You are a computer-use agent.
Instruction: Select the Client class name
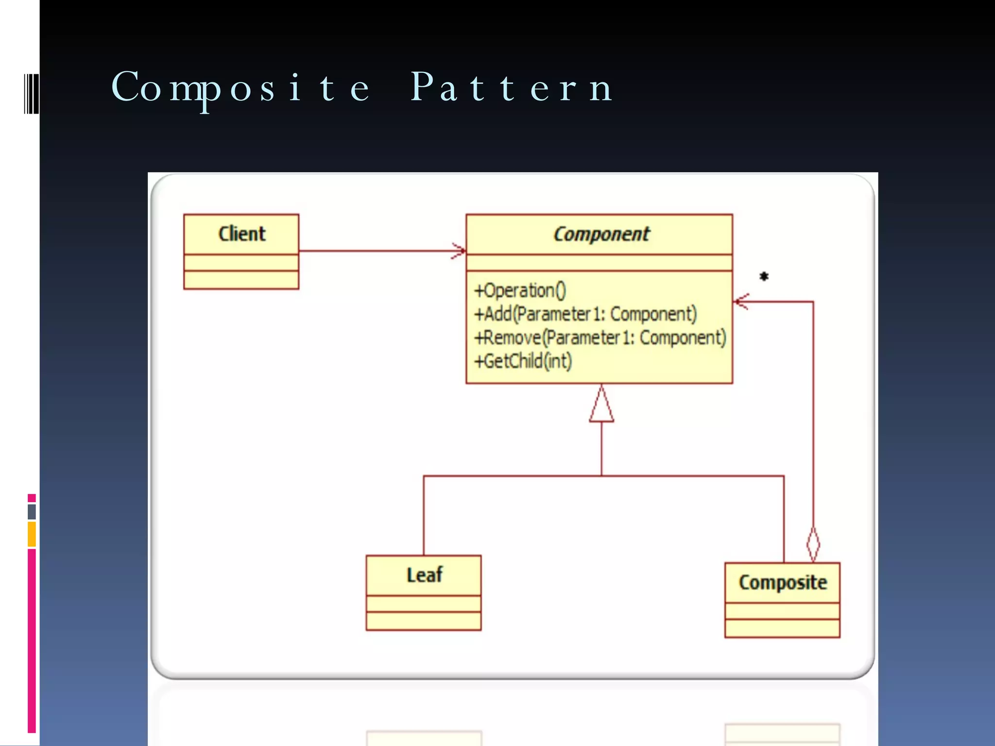coord(241,234)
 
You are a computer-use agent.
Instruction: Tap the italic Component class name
coord(601,234)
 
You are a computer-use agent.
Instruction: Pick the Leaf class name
coord(424,575)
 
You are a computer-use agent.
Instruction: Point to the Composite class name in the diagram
coord(782,582)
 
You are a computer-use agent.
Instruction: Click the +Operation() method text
coord(520,290)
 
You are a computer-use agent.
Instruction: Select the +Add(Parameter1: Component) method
coord(585,314)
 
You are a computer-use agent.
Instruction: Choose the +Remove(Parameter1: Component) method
coord(600,338)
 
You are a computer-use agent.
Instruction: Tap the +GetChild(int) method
coord(523,361)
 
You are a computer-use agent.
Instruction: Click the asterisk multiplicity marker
coord(764,276)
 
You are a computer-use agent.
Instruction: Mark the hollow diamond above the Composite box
coord(813,545)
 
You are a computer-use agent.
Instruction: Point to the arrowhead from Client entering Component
coord(459,251)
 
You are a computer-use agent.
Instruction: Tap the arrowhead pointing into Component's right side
coord(741,302)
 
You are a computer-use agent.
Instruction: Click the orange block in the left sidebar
coord(32,534)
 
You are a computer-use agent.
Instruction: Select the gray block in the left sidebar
coord(32,511)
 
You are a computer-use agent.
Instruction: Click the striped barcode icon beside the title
coord(32,94)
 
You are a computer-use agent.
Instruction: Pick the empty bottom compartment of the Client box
coord(241,280)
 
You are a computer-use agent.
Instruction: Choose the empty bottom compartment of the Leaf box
coord(424,621)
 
